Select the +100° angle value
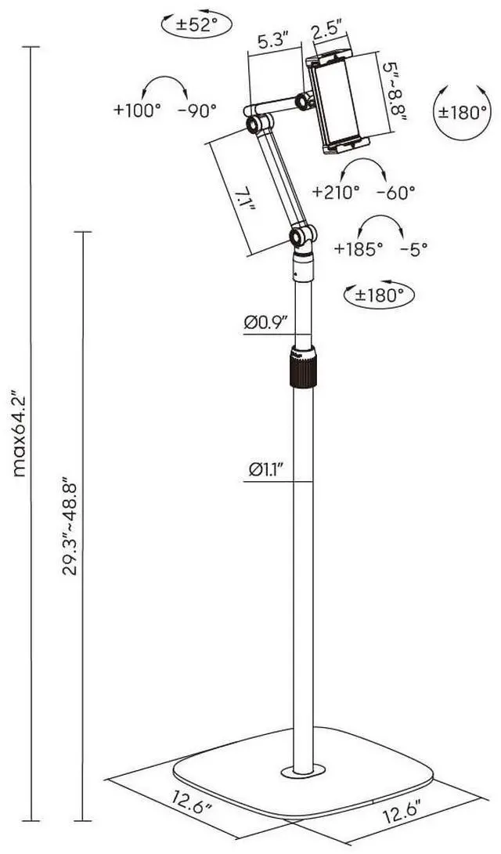136,110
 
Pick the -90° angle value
196,110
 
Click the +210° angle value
336,190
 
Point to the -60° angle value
395,190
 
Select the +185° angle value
359,249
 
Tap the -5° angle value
413,249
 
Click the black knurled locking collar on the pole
302,366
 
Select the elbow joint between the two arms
254,125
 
